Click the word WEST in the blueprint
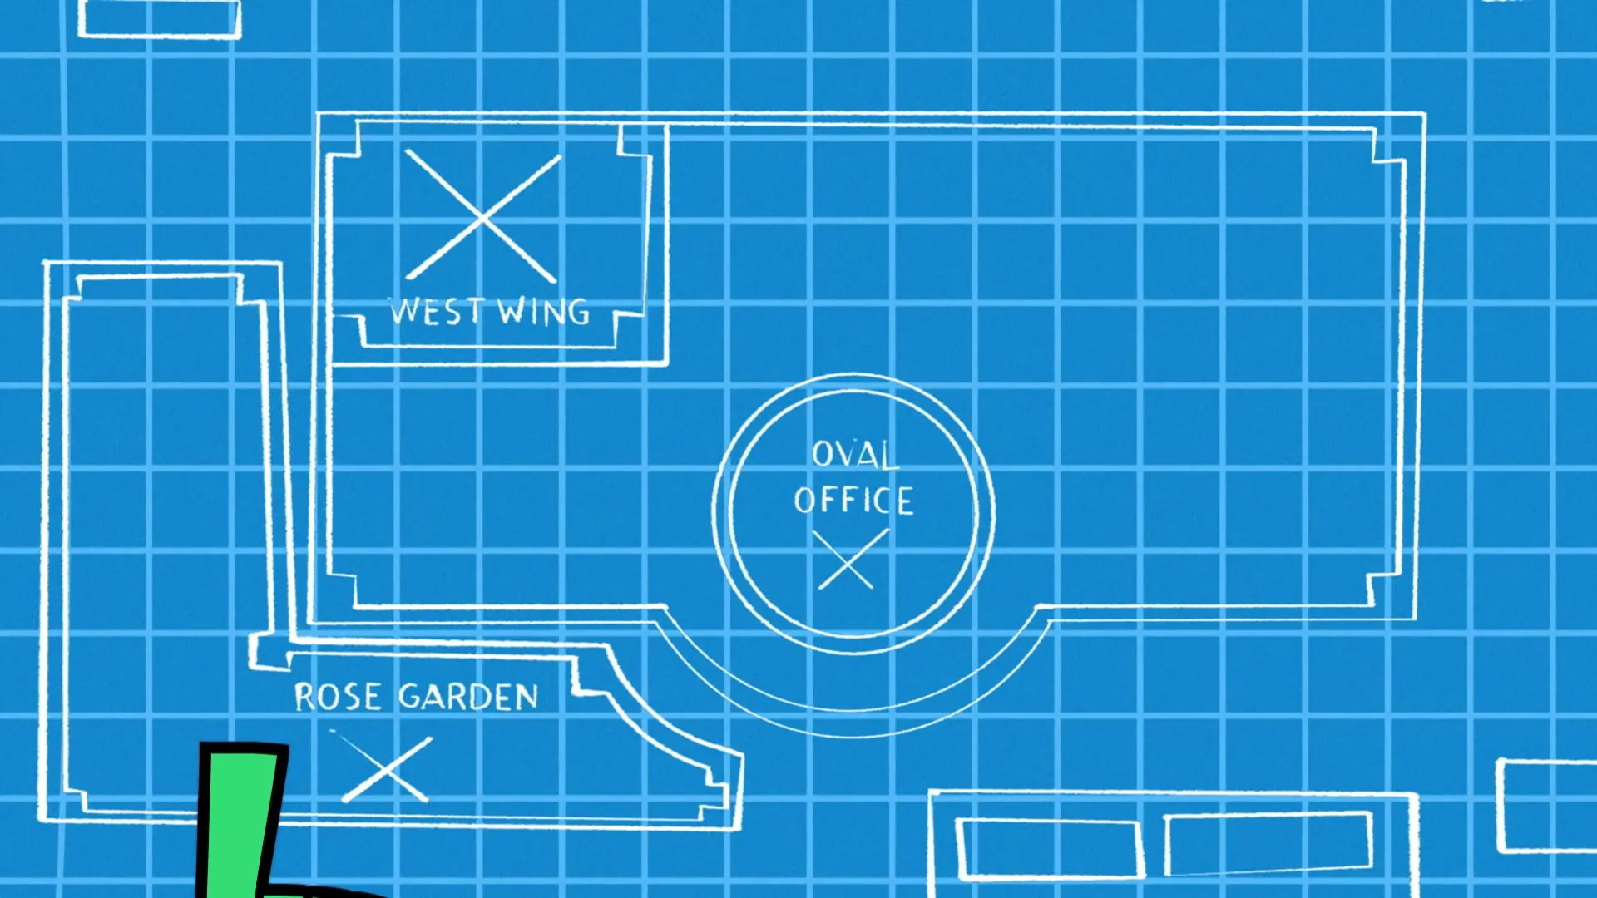tap(436, 312)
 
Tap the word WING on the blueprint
tap(544, 313)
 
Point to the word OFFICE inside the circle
tap(853, 501)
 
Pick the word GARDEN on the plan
tap(468, 697)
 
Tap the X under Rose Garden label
tap(384, 768)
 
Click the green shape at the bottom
tap(237, 823)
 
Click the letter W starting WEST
tap(404, 311)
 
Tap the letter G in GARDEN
tap(411, 697)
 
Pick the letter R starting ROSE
tap(305, 697)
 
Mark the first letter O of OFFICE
tap(803, 501)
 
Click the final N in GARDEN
tap(527, 698)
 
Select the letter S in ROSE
tap(350, 697)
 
